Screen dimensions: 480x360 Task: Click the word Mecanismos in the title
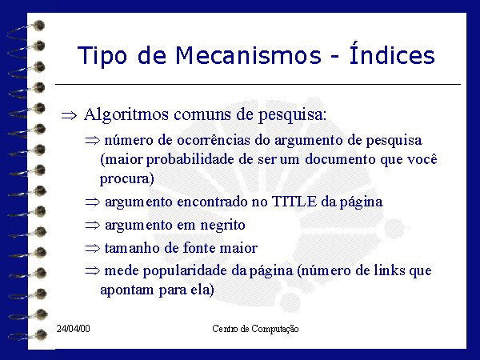coord(248,55)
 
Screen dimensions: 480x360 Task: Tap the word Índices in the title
coord(392,54)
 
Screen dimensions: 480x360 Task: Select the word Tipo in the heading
coord(102,56)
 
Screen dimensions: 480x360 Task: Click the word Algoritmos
coord(126,115)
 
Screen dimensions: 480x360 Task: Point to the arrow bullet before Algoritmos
coord(69,116)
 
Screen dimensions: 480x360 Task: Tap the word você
coord(422,159)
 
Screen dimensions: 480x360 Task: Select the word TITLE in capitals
coord(294,202)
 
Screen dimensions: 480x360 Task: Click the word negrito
coord(222,226)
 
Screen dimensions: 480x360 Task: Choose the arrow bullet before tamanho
coord(93,248)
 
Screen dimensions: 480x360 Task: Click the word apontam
coord(126,290)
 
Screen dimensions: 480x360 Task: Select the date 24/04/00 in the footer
coord(73,329)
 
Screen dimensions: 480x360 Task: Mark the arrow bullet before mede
coord(93,270)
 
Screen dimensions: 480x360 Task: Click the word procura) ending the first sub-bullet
coord(126,179)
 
